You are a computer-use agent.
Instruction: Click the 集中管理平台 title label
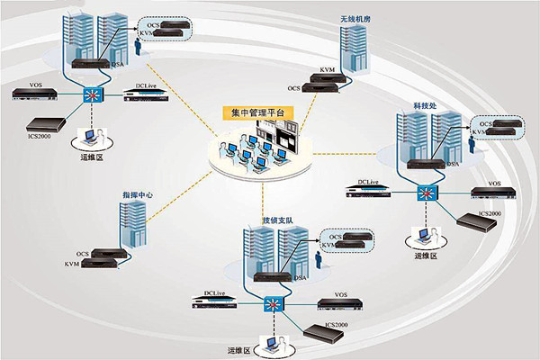pos(258,114)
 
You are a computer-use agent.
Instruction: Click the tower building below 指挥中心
pos(132,226)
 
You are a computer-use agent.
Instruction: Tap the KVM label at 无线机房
pos(328,69)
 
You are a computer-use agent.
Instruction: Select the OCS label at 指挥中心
pos(83,255)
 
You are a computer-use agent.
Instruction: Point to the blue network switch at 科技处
pos(425,192)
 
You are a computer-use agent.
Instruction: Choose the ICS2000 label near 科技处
pos(489,213)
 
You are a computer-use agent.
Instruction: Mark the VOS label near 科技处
pos(494,184)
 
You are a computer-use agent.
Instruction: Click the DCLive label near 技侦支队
pos(214,292)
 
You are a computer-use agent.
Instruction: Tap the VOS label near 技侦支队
pos(339,294)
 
